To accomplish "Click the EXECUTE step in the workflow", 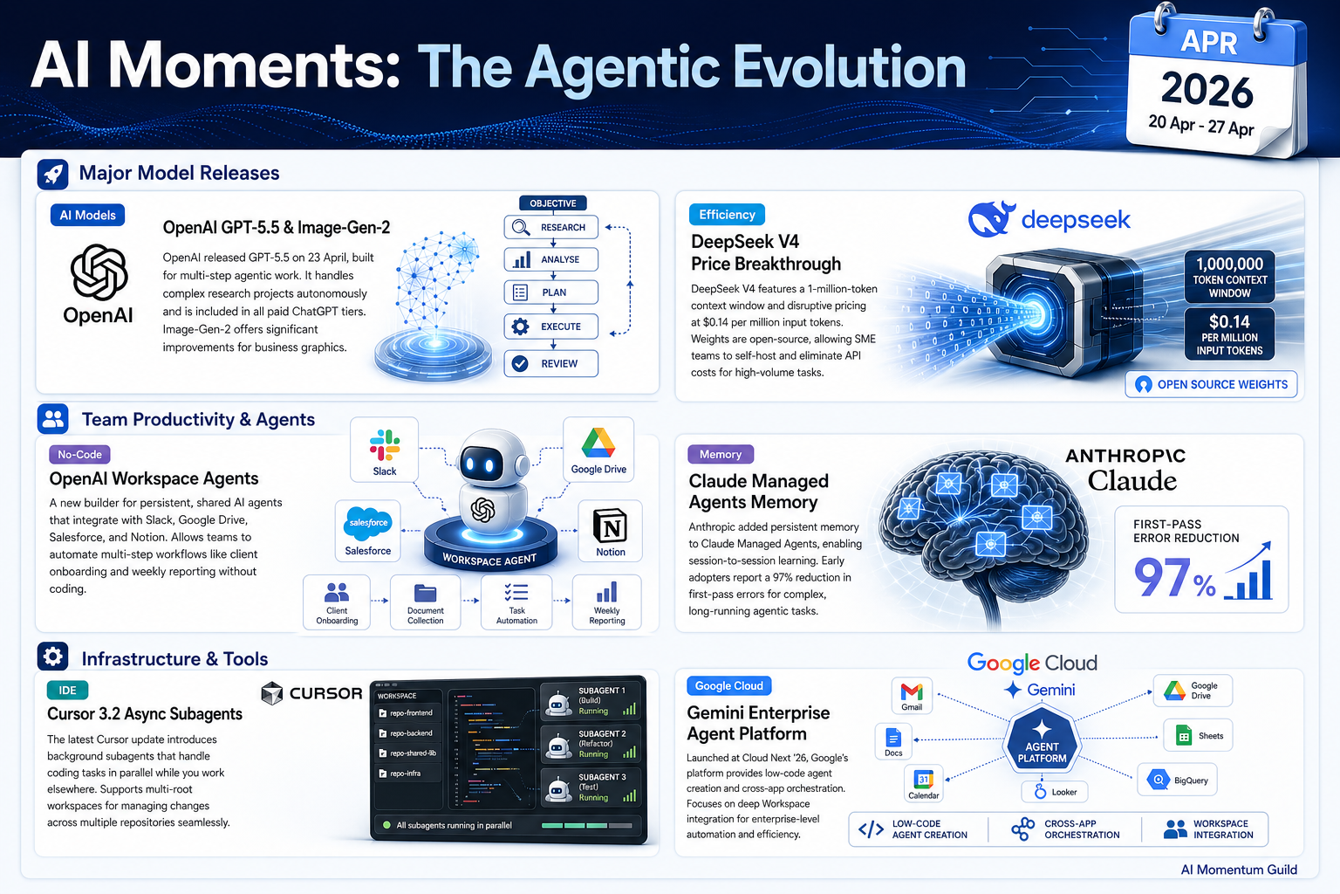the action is tap(551, 327).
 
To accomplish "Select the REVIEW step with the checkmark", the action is tap(551, 363).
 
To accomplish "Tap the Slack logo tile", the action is tap(384, 450).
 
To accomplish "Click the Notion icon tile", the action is tap(610, 531).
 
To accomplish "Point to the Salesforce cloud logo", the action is tap(368, 523).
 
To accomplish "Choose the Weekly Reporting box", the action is tap(606, 602).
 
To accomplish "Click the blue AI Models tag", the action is tap(87, 215).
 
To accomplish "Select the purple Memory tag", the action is tap(721, 455).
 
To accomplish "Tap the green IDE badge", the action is tap(67, 691).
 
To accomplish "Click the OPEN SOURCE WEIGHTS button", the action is tap(1212, 384).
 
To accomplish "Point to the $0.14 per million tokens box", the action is tap(1229, 334).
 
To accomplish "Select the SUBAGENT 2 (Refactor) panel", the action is tap(591, 744).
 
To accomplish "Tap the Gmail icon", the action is tap(912, 695).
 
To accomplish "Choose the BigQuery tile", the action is tap(1177, 780).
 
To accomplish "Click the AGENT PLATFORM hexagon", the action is tap(1043, 740).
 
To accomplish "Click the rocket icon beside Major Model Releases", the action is tap(52, 175).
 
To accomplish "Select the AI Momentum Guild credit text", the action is tap(1239, 870).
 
